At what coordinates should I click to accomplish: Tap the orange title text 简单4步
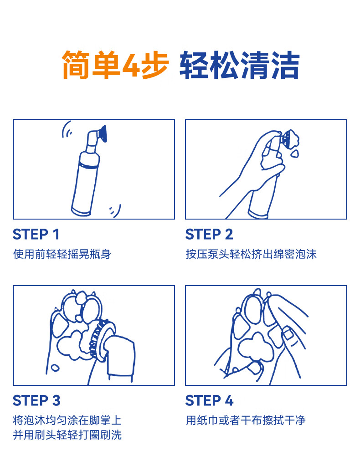click(115, 65)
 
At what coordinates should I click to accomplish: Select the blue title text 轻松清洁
click(240, 65)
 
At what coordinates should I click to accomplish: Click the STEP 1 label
click(36, 234)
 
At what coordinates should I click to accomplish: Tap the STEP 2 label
click(209, 234)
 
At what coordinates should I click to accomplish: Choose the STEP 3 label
click(36, 400)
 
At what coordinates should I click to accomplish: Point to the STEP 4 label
click(209, 400)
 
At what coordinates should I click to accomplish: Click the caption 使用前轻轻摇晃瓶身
click(62, 254)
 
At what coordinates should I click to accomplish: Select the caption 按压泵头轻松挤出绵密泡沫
click(251, 254)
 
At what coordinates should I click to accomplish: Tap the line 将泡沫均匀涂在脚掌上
click(67, 420)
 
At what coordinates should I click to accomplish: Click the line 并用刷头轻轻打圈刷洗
click(67, 435)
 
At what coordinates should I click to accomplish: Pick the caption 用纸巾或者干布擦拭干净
click(246, 420)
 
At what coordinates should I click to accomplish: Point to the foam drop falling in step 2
click(294, 154)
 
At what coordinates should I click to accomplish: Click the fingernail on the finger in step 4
click(287, 333)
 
